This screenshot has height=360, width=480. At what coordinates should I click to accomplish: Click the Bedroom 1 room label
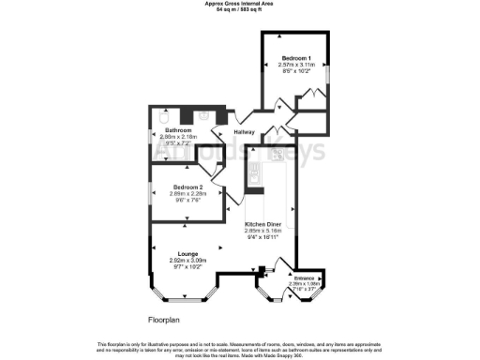pyautogui.click(x=295, y=56)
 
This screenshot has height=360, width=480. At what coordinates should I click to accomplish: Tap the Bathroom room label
pyautogui.click(x=178, y=129)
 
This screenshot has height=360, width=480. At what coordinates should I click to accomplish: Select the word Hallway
pyautogui.click(x=245, y=132)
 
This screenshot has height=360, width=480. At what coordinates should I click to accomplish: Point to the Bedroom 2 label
pyautogui.click(x=187, y=187)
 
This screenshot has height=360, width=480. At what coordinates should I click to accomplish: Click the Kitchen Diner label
pyautogui.click(x=265, y=226)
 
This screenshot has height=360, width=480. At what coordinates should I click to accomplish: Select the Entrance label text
pyautogui.click(x=306, y=278)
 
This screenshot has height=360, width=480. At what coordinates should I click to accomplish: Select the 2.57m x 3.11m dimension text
pyautogui.click(x=295, y=63)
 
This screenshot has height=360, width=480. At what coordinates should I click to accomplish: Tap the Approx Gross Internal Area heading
pyautogui.click(x=239, y=3)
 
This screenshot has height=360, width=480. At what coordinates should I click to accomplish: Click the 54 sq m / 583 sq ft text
pyautogui.click(x=239, y=8)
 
